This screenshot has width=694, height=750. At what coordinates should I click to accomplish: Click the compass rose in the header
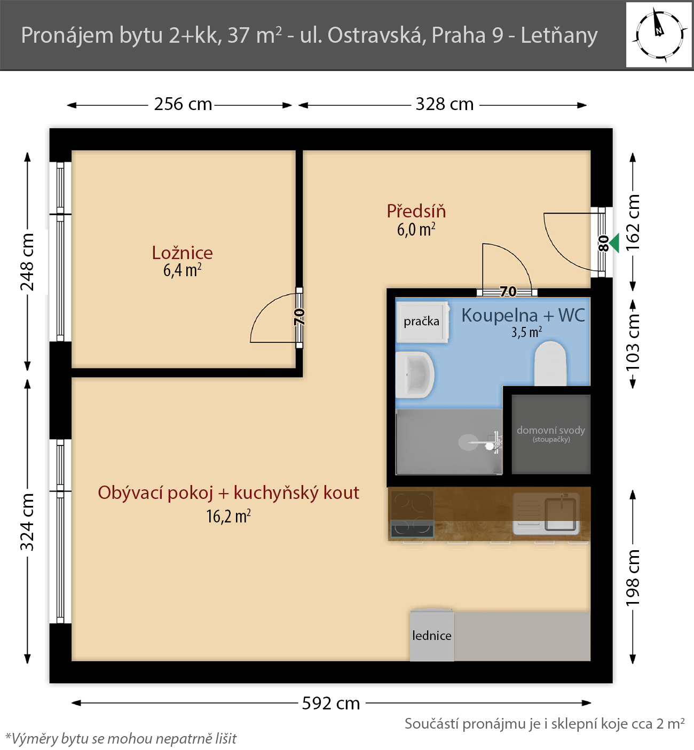click(659, 35)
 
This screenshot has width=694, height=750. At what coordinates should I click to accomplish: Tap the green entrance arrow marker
click(614, 243)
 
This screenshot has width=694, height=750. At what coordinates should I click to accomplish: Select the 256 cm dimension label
click(183, 104)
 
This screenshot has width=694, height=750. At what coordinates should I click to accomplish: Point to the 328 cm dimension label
click(445, 104)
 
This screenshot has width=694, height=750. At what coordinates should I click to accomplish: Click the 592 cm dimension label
click(331, 704)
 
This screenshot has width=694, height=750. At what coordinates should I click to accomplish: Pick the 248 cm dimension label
click(27, 262)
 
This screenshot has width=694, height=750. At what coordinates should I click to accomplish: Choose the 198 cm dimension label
click(633, 578)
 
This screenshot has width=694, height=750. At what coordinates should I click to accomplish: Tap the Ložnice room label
click(183, 253)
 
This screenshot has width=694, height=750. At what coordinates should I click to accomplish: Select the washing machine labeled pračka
click(422, 322)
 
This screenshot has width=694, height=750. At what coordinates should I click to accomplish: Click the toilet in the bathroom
click(550, 363)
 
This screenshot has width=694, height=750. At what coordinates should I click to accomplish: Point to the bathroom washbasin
click(415, 375)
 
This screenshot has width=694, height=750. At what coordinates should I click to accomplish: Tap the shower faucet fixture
click(493, 442)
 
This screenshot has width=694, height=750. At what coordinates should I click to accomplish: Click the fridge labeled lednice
click(432, 636)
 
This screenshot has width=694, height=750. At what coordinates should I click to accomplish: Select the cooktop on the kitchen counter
click(412, 513)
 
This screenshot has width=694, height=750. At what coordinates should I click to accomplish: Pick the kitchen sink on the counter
click(546, 513)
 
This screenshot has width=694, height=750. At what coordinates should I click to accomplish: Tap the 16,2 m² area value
click(228, 516)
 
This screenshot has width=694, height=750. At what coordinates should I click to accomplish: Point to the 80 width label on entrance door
click(603, 243)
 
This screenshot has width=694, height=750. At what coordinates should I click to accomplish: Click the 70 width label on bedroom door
click(299, 317)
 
